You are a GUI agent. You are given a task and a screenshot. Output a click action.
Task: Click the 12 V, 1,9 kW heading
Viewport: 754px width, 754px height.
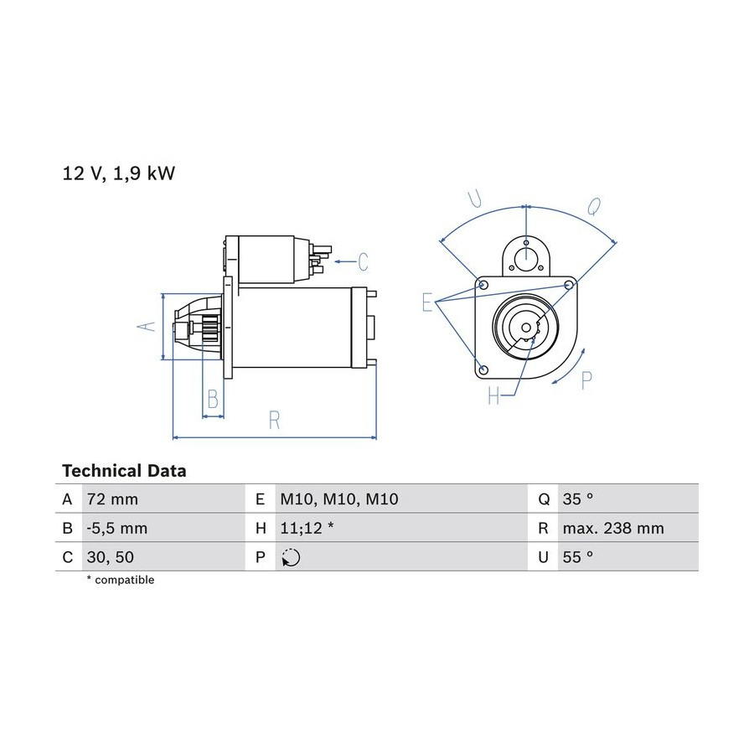(119, 173)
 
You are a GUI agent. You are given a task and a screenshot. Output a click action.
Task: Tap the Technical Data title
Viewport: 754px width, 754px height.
(124, 471)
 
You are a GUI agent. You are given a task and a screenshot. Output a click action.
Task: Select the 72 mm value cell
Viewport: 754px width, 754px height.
(112, 499)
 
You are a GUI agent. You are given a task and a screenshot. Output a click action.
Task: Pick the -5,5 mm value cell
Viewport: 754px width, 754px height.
(116, 529)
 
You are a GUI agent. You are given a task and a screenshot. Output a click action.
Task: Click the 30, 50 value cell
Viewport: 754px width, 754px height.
(110, 557)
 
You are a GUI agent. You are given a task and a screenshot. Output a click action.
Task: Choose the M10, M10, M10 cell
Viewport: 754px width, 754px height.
(339, 499)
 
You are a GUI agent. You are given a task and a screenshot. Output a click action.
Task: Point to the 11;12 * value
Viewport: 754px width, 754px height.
(307, 529)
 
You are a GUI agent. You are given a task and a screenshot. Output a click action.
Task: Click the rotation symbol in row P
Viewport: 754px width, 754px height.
(291, 557)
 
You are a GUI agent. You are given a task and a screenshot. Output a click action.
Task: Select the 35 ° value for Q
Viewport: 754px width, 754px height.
(578, 499)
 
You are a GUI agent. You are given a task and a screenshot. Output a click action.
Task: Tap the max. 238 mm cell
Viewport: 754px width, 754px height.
(613, 529)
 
